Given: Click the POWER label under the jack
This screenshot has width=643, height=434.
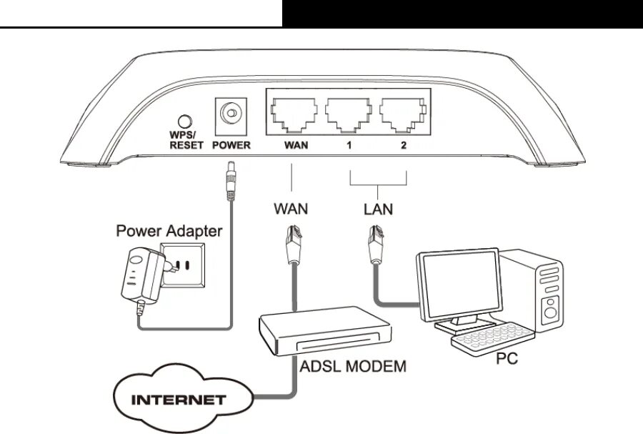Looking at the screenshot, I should tap(231, 146).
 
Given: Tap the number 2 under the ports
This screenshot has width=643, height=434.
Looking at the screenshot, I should tap(403, 146).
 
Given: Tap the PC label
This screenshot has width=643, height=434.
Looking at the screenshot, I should tap(507, 358).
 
